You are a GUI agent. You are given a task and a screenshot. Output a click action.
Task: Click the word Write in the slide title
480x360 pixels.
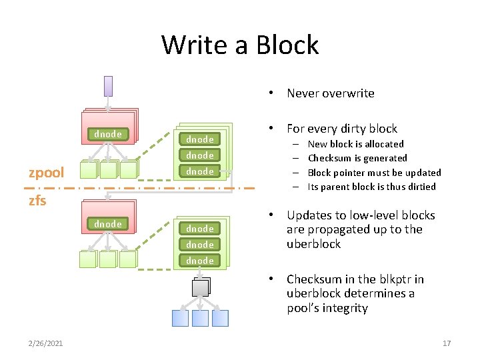(x=193, y=45)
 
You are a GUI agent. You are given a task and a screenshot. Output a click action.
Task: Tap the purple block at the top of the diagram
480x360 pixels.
(x=108, y=86)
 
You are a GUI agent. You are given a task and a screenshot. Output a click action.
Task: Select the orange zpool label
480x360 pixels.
(x=46, y=173)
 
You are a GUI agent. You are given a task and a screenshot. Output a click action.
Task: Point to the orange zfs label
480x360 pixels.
(x=37, y=200)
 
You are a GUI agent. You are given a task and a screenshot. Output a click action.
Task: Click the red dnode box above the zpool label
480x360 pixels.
(x=108, y=134)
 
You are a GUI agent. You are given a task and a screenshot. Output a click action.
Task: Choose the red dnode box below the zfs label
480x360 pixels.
(x=108, y=224)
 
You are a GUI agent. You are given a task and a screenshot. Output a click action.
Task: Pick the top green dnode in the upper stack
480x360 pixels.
(x=200, y=139)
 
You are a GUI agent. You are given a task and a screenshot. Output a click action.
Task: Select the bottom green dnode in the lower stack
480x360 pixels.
(x=200, y=261)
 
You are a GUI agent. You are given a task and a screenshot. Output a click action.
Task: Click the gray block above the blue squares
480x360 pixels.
(x=200, y=288)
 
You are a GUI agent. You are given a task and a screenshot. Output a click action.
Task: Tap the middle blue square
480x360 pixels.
(x=200, y=318)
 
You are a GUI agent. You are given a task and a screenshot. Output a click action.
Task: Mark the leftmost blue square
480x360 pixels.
(x=180, y=318)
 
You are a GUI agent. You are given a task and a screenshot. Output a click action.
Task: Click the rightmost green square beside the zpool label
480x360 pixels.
(x=127, y=171)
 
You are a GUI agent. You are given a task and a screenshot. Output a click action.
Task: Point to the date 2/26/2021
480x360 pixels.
(x=47, y=343)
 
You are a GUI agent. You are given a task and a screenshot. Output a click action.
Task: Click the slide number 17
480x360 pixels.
(x=447, y=343)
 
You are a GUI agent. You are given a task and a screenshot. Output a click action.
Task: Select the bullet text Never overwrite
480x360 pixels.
(x=330, y=93)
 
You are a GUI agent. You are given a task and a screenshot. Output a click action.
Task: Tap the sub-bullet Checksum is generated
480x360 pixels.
(x=357, y=158)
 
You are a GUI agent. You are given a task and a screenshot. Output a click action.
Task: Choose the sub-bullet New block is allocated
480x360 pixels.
(x=355, y=144)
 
